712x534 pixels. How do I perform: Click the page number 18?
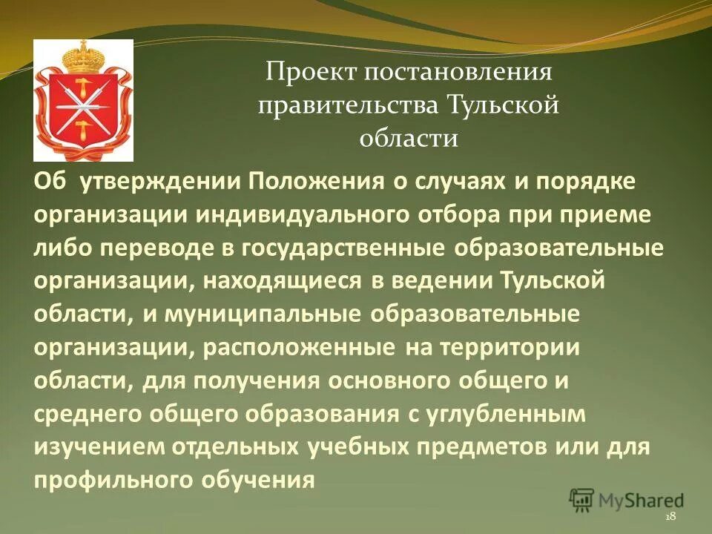click(670, 516)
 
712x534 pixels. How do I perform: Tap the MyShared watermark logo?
click(627, 499)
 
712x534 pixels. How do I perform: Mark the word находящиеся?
click(278, 281)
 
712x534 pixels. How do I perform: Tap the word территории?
click(507, 347)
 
